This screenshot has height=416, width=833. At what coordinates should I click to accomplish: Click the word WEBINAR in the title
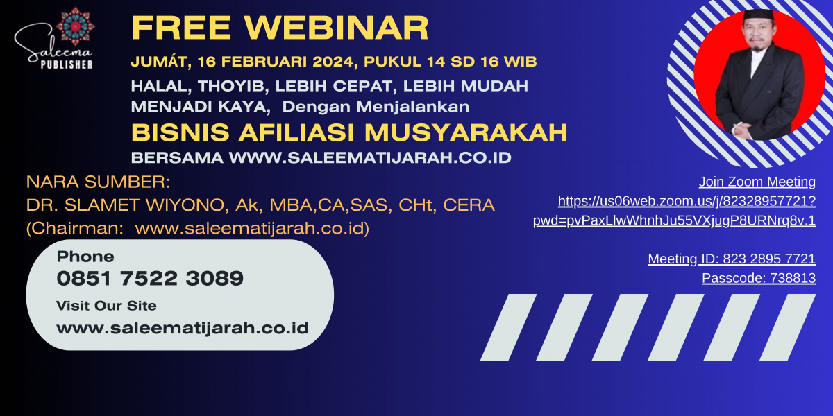[337, 28]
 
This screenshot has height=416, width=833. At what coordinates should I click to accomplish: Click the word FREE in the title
[181, 28]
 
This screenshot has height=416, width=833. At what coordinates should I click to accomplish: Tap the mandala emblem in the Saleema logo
[75, 26]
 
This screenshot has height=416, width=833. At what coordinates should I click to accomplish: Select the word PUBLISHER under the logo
[67, 64]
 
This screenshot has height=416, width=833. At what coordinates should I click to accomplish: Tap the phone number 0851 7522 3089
[150, 278]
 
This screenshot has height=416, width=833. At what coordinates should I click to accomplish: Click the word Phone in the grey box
[85, 257]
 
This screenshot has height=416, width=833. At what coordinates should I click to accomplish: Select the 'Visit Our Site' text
[106, 306]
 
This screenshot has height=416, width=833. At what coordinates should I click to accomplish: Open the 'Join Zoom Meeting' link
[757, 182]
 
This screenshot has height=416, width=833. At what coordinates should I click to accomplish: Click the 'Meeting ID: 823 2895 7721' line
[732, 259]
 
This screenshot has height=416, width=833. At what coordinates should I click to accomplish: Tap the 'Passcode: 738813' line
[759, 278]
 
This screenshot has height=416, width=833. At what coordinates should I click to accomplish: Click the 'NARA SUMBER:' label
[98, 182]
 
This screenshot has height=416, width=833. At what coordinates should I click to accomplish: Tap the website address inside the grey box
[183, 328]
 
